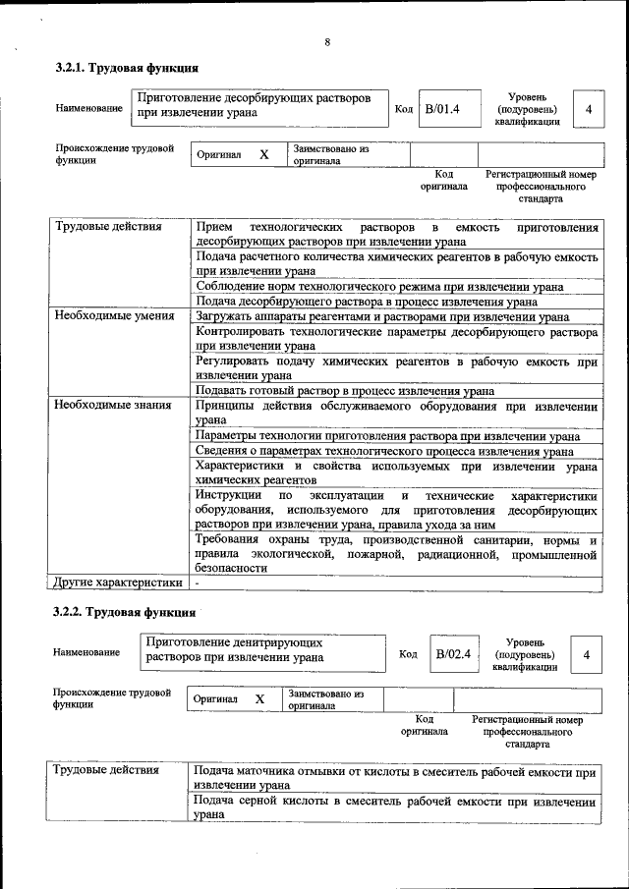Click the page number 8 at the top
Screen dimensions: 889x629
[x=326, y=41]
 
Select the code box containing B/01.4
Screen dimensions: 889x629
[x=441, y=108]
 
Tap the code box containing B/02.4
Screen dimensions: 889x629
[x=454, y=653]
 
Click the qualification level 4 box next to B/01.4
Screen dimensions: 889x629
[x=588, y=109]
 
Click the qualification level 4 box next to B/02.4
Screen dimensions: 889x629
[x=587, y=654]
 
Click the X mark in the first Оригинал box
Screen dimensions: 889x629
[x=263, y=155]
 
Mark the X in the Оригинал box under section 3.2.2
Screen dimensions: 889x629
[x=259, y=699]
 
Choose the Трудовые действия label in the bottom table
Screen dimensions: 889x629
[x=106, y=771]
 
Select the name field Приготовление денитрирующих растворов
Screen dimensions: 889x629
[x=263, y=650]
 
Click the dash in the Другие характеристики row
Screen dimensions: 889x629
[x=198, y=583]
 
